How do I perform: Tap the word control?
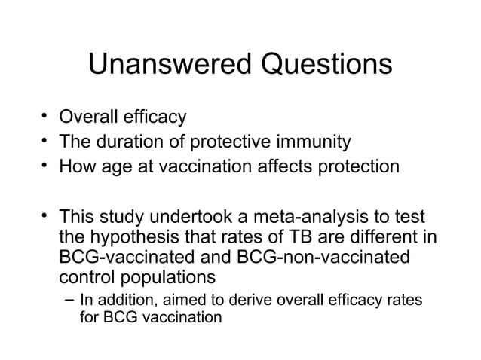85,276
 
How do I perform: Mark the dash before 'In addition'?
69,301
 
